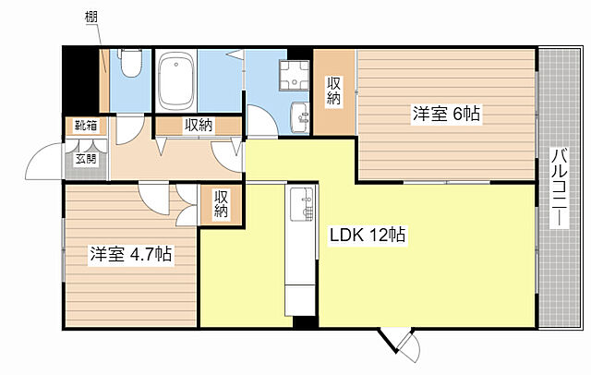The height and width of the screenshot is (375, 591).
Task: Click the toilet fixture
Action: pyautogui.click(x=130, y=64)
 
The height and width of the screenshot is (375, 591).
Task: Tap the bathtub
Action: pyautogui.click(x=176, y=80)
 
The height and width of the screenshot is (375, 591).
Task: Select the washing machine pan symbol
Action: pyautogui.click(x=294, y=76)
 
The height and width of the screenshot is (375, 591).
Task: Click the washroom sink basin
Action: pyautogui.click(x=299, y=117)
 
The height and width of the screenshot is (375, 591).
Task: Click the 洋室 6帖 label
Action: pyautogui.click(x=446, y=114)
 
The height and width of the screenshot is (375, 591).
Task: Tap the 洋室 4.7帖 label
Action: pyautogui.click(x=131, y=254)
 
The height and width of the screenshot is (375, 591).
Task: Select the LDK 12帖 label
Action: pyautogui.click(x=368, y=236)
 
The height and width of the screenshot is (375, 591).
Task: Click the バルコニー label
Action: pyautogui.click(x=560, y=187)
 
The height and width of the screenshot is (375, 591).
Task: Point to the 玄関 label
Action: pyautogui.click(x=86, y=159)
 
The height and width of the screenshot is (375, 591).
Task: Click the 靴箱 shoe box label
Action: pyautogui.click(x=86, y=125)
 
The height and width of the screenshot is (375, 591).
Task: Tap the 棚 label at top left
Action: pyautogui.click(x=90, y=17)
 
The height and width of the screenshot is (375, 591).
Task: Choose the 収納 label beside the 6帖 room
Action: pyautogui.click(x=334, y=91)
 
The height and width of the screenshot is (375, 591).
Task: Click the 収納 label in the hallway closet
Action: pyautogui.click(x=199, y=125)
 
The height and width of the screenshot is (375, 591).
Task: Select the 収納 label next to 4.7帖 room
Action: pyautogui.click(x=222, y=204)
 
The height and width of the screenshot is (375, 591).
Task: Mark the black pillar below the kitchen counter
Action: pyautogui.click(x=306, y=321)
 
